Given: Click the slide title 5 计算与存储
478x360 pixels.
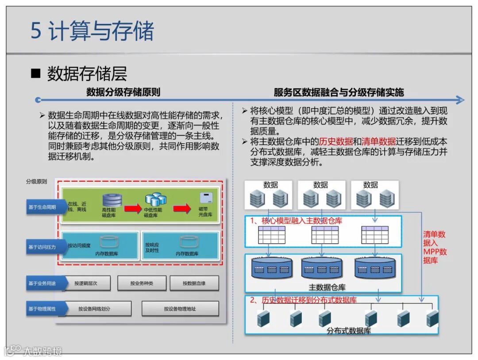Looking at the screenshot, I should click(92, 31).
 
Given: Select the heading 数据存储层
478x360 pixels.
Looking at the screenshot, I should click(87, 73).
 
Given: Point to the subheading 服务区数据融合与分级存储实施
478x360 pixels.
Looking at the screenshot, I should click(339, 92).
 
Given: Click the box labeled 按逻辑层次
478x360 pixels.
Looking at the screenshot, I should click(86, 283).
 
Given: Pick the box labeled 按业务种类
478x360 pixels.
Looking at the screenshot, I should click(142, 283).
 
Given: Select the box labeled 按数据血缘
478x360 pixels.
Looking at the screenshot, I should click(194, 283).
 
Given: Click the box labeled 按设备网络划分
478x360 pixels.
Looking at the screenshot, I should click(94, 309).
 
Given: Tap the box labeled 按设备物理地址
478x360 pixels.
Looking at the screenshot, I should click(180, 309).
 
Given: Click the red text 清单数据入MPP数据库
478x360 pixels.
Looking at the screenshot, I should click(435, 248).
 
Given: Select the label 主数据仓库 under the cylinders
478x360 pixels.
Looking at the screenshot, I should click(327, 287).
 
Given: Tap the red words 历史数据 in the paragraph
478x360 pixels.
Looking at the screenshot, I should click(336, 142).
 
